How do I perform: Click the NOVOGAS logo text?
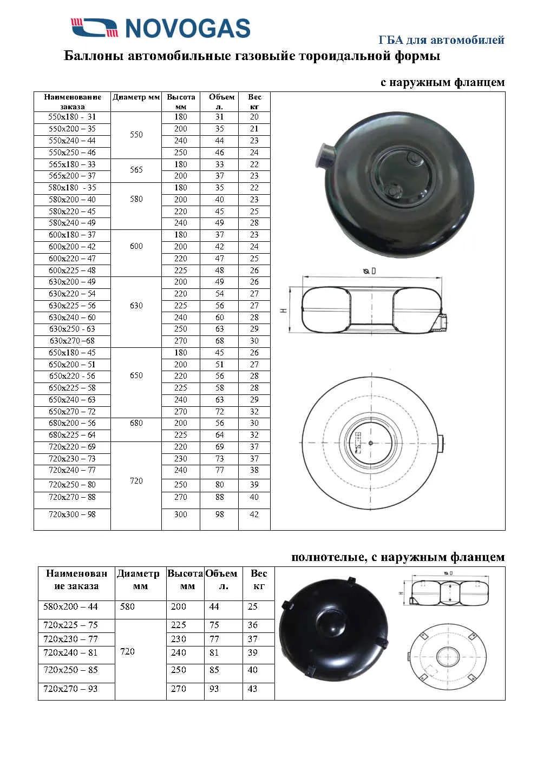[187, 28]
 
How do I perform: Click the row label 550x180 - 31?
[72, 117]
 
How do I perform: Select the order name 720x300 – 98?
[72, 514]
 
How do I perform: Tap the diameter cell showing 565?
[136, 170]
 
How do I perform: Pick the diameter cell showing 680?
[136, 423]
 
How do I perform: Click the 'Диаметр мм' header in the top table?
[136, 97]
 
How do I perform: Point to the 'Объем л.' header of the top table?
[221, 102]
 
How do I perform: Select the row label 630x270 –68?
[72, 341]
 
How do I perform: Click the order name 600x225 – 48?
[72, 270]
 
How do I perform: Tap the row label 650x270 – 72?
[72, 412]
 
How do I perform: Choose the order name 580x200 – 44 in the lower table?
[70, 607]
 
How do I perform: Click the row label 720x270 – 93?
[70, 689]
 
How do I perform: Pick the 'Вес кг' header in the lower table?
[259, 579]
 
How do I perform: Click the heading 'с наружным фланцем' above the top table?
[442, 82]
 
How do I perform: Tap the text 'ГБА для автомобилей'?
[441, 40]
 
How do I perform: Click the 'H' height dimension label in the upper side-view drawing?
[283, 311]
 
